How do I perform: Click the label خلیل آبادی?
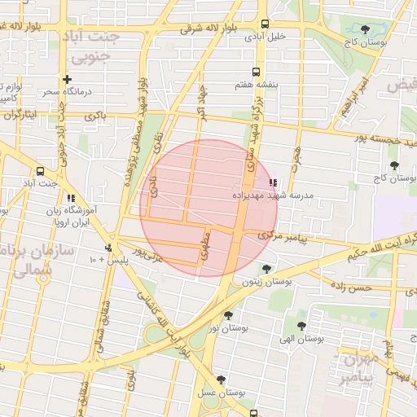[266, 37]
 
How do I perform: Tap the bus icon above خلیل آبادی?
[266, 24]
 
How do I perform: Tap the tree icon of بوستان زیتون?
[266, 269]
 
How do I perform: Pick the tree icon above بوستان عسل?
[221, 380]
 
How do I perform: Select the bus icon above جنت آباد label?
[41, 171]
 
